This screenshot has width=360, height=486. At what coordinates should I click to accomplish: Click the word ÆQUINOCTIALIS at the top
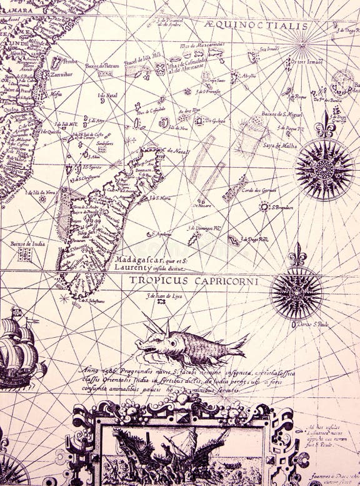[x=256, y=26]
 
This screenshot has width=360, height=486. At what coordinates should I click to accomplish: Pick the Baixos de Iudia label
[x=26, y=244]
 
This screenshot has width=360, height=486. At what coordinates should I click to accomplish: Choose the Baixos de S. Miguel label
[x=282, y=114]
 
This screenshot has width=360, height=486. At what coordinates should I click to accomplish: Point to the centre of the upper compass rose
[x=324, y=169]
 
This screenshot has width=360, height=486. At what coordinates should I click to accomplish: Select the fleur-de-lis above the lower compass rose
[x=297, y=256]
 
